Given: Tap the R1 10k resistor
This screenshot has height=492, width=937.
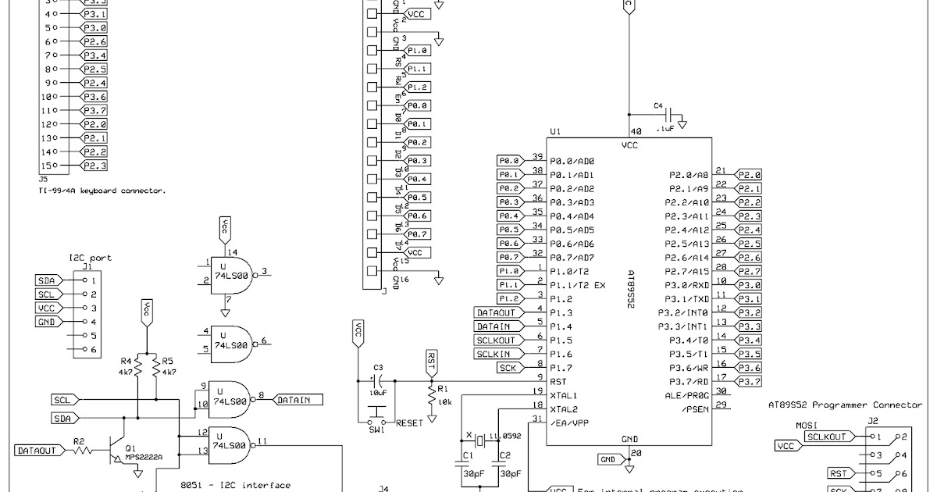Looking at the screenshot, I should [431, 397].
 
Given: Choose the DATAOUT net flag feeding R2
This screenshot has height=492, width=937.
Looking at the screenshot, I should [37, 451].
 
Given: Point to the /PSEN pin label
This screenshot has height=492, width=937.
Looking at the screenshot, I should [693, 409].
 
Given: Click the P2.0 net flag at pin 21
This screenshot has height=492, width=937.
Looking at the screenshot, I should [749, 175].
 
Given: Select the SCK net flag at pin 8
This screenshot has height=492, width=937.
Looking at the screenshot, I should [508, 368].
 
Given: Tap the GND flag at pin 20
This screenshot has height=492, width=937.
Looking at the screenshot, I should [609, 458].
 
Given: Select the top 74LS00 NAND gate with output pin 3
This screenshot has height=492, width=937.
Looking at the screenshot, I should [232, 273].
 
